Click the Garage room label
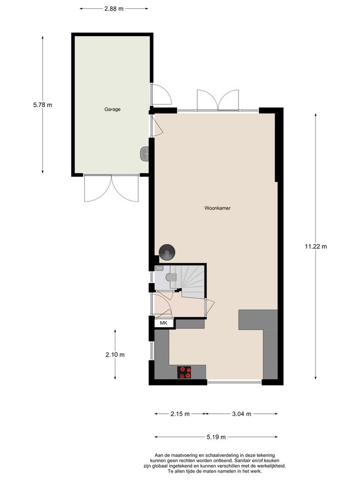click(x=112, y=109)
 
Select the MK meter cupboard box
click(x=163, y=323)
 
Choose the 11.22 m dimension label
click(x=315, y=247)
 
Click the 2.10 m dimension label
click(x=115, y=355)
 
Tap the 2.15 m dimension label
click(x=180, y=414)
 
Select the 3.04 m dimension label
click(x=241, y=414)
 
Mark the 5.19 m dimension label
click(x=216, y=437)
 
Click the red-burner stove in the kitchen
click(x=185, y=372)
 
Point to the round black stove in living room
click(x=167, y=252)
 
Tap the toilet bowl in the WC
click(x=172, y=278)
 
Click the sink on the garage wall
click(x=145, y=153)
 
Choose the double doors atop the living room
click(x=218, y=100)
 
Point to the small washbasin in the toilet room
click(x=159, y=268)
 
